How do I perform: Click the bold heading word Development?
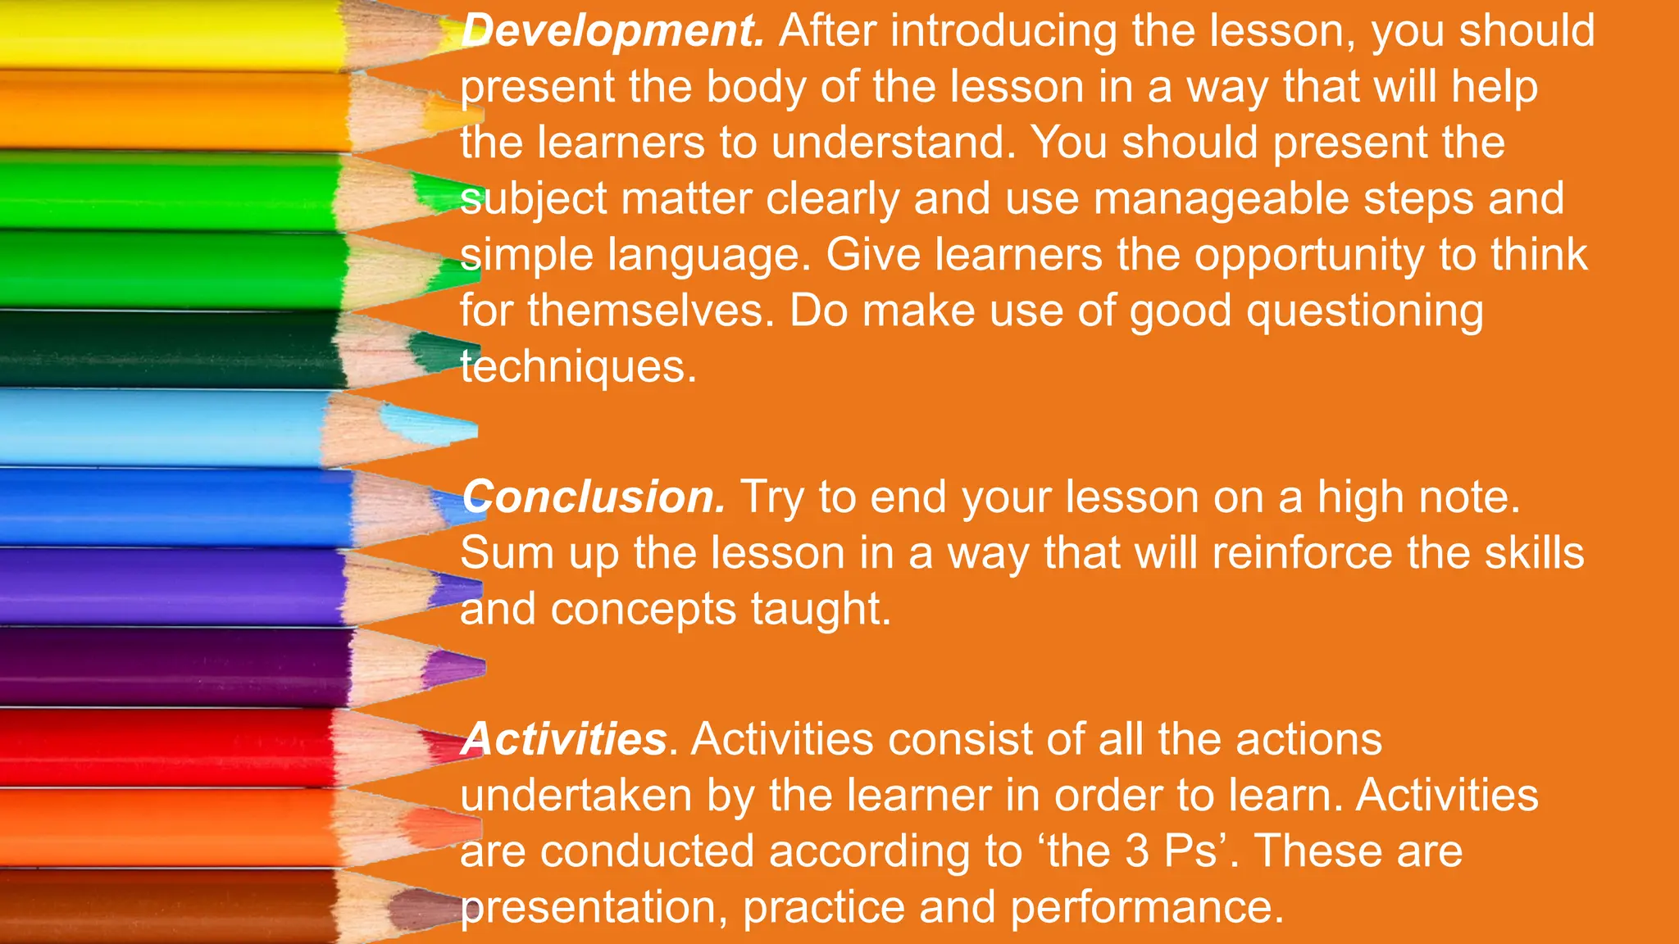pos(612,31)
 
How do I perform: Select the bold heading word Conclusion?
pos(594,497)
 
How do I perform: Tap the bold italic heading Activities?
pos(564,739)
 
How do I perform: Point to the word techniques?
pos(577,366)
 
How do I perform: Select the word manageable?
pos(1221,199)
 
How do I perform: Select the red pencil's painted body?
pos(164,747)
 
